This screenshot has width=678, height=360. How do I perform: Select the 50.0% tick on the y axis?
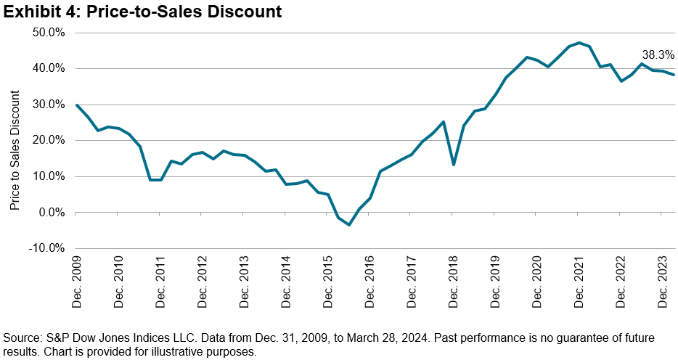tap(49, 33)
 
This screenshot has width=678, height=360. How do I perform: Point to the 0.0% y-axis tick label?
tap(52, 213)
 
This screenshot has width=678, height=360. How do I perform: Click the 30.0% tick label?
tap(49, 105)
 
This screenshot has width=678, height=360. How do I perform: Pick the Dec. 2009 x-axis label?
tap(78, 279)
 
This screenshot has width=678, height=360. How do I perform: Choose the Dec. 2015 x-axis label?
tap(328, 279)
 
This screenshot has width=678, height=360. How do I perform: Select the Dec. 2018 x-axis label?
tap(454, 279)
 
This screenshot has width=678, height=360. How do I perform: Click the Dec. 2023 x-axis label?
tap(663, 279)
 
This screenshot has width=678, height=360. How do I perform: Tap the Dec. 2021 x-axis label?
tap(579, 279)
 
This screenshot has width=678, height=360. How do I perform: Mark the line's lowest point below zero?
tap(349, 225)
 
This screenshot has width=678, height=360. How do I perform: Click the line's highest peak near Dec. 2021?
tap(579, 43)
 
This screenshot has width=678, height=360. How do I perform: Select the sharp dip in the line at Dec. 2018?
tap(454, 165)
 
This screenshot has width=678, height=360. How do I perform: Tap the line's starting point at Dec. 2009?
tap(77, 105)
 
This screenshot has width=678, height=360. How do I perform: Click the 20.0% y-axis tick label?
tap(49, 141)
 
